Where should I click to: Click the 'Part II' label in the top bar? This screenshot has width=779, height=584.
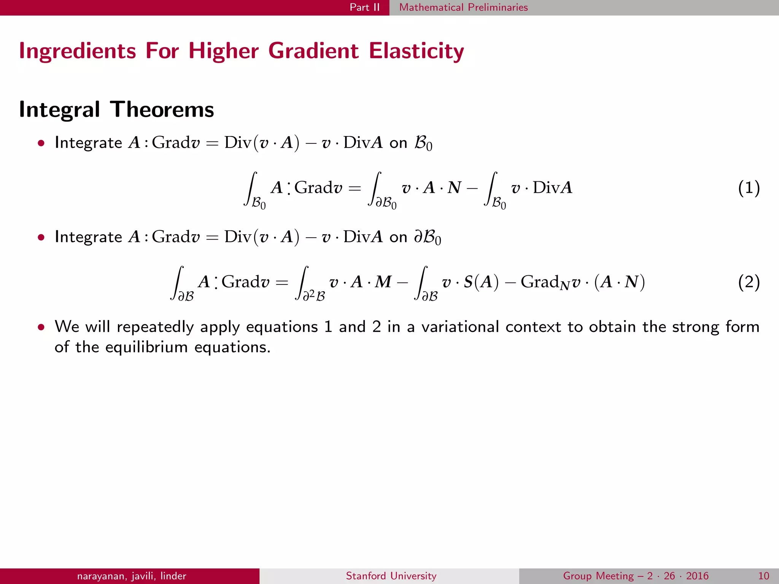(364, 7)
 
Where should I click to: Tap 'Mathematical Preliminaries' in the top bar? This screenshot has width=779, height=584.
(463, 7)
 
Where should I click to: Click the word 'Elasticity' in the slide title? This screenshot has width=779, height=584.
(416, 51)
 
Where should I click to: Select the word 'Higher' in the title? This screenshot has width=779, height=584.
(224, 51)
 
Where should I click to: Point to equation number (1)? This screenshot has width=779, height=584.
(749, 188)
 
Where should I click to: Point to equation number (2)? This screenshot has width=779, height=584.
(749, 282)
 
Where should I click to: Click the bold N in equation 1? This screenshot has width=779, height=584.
(454, 188)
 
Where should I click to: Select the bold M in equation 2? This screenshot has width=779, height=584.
(383, 282)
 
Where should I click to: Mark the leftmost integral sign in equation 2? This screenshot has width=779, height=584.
(178, 282)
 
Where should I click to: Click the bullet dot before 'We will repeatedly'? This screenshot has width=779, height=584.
(41, 327)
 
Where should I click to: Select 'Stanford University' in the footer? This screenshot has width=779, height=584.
(391, 576)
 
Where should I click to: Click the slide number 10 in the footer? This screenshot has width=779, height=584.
(763, 576)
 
